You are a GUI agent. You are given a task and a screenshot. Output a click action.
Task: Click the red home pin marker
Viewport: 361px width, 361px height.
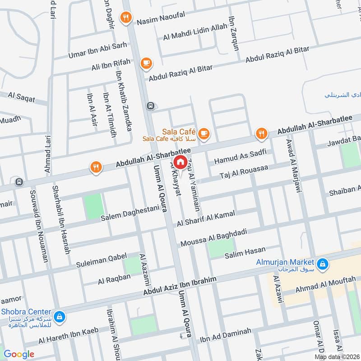click(x=180, y=162)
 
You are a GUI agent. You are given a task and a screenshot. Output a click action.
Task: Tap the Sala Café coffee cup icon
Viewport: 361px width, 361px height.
click(x=204, y=133)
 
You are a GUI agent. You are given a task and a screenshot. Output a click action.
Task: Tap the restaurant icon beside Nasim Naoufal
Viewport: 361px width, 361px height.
click(x=126, y=18)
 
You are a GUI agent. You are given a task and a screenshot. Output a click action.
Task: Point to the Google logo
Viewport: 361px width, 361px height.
click(x=19, y=354)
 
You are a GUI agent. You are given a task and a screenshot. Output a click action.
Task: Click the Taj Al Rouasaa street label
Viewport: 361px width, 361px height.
click(x=244, y=172)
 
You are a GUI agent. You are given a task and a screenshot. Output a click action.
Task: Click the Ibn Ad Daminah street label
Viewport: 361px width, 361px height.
click(x=225, y=335)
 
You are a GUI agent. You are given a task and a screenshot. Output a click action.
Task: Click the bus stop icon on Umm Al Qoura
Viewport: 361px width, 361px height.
click(x=150, y=106)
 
